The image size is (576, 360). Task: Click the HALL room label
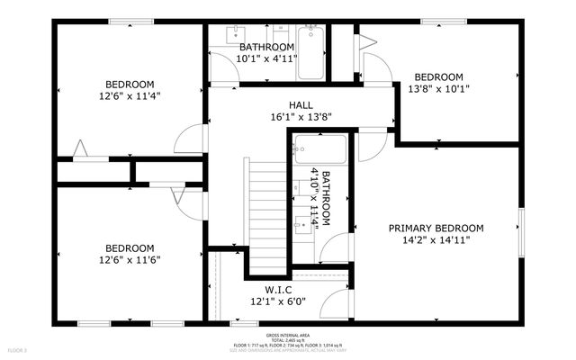tap(300, 104)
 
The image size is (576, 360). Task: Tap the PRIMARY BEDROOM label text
tap(436, 229)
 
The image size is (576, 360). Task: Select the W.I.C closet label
tap(276, 289)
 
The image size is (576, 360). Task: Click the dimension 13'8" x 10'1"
tap(438, 89)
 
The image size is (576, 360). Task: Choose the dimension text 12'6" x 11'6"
tap(130, 260)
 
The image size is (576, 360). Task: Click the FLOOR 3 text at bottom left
tap(18, 349)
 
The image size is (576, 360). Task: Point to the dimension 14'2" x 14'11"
tap(436, 240)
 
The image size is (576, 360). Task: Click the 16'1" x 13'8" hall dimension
tap(300, 117)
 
